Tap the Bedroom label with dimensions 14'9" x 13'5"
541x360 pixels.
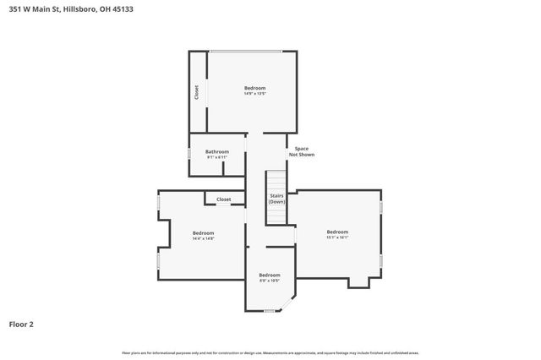point(255,90)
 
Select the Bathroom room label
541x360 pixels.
point(217,154)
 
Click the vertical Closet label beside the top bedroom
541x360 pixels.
point(197,92)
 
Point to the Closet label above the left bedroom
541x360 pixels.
point(223,199)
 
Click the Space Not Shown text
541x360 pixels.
point(301,152)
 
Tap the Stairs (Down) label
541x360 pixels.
point(276,199)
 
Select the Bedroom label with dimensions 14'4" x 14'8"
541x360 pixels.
point(203,235)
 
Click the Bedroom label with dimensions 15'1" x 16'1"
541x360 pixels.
point(337,234)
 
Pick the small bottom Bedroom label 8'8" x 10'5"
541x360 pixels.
point(269,277)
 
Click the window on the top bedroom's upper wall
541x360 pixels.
point(246,52)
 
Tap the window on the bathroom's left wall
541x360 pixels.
point(189,155)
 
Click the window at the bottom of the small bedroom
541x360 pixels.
point(270,311)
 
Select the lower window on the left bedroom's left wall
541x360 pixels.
point(158,261)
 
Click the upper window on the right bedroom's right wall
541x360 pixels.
point(381,205)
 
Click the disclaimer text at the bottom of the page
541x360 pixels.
point(270,352)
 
